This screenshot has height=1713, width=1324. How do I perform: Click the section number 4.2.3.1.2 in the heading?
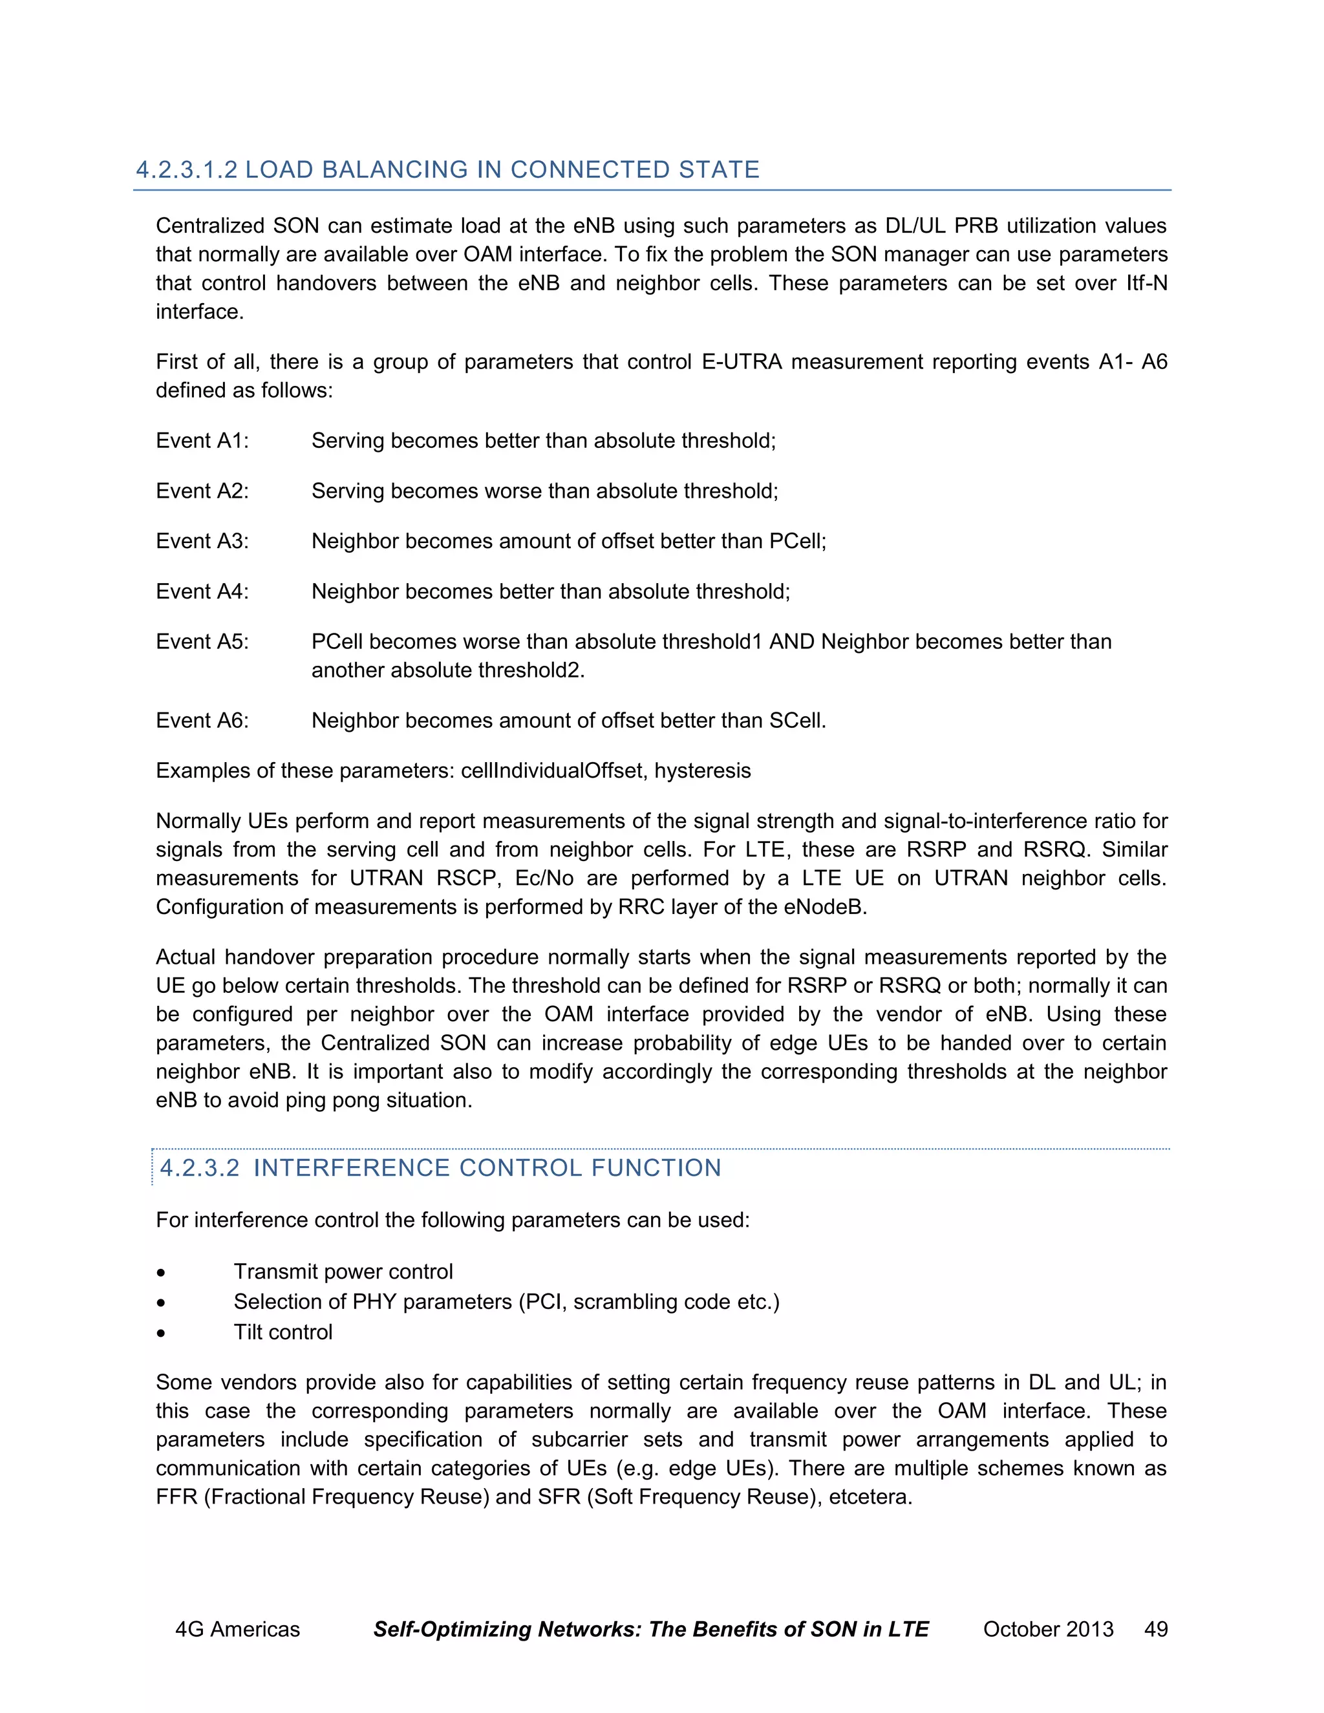coord(187,170)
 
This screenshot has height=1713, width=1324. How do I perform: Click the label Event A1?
coord(202,441)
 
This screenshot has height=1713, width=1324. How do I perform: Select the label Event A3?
coord(202,541)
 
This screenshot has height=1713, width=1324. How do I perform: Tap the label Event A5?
coord(202,642)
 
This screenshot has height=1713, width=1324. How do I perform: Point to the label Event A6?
coord(202,721)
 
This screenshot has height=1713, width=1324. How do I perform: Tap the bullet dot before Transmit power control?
coord(161,1272)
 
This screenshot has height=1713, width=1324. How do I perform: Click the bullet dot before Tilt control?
coord(161,1333)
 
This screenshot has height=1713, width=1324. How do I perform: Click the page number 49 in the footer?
coord(1156,1630)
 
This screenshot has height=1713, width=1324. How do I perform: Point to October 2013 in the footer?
coord(1048,1630)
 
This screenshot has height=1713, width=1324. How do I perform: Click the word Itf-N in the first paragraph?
coord(1147,283)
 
